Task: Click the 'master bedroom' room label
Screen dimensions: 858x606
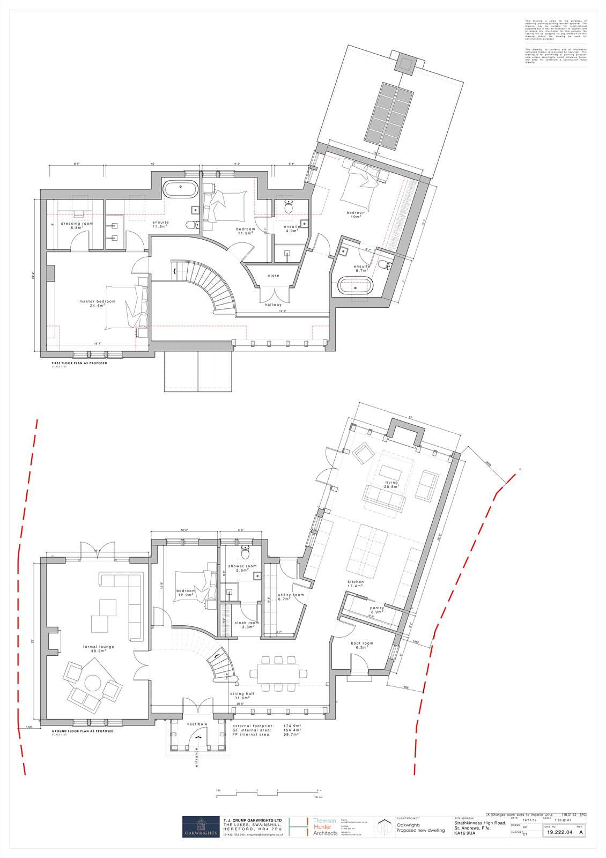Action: (97, 301)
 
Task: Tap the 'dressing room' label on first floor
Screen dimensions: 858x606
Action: (77, 224)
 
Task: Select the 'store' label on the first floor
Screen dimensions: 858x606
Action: (274, 276)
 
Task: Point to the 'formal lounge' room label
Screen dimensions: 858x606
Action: (98, 647)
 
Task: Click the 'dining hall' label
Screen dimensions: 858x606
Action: (241, 694)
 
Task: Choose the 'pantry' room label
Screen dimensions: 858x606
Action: (377, 609)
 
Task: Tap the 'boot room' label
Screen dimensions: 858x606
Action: (362, 643)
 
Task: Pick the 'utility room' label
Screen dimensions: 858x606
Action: (291, 595)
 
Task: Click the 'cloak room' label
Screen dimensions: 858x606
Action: (247, 623)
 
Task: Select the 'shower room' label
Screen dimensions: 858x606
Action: (242, 566)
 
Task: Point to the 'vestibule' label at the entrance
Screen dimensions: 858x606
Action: (197, 724)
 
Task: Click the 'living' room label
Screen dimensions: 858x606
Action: (391, 483)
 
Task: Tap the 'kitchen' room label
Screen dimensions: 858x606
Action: (356, 582)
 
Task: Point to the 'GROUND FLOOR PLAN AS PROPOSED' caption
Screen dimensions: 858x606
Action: (83, 731)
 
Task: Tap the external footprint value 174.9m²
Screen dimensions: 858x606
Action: (292, 726)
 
